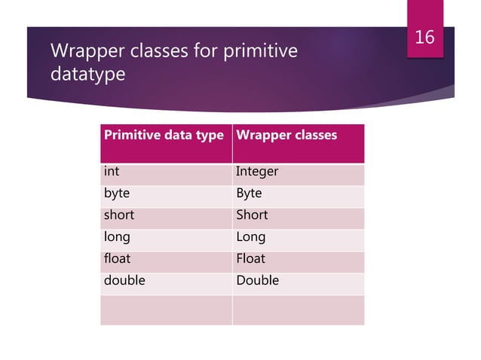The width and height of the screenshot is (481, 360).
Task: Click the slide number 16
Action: click(x=425, y=37)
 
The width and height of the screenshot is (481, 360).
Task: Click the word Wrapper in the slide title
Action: click(x=82, y=51)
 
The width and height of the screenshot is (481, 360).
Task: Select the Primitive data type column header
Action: click(x=164, y=136)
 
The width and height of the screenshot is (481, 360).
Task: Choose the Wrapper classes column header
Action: click(x=286, y=136)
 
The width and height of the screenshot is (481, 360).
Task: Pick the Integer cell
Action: click(x=257, y=172)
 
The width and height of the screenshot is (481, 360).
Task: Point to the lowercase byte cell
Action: click(x=116, y=194)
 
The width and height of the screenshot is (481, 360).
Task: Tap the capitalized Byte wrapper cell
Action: click(x=249, y=194)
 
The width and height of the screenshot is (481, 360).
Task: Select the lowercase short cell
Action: click(x=118, y=215)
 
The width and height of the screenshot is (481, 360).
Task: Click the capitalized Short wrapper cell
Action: click(x=252, y=215)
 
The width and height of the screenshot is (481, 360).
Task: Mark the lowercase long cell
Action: click(x=117, y=237)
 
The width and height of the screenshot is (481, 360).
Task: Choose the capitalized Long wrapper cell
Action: click(x=250, y=237)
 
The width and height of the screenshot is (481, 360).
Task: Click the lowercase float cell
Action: click(x=117, y=259)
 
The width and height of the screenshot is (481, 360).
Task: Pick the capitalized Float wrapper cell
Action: click(x=251, y=259)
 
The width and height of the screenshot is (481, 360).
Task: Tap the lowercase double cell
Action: click(x=124, y=281)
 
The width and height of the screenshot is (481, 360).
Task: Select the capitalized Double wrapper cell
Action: click(x=257, y=281)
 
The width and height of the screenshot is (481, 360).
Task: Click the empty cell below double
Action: click(x=166, y=310)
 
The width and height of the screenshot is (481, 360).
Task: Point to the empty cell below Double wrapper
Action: click(x=298, y=310)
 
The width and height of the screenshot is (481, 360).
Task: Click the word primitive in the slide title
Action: click(x=257, y=51)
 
